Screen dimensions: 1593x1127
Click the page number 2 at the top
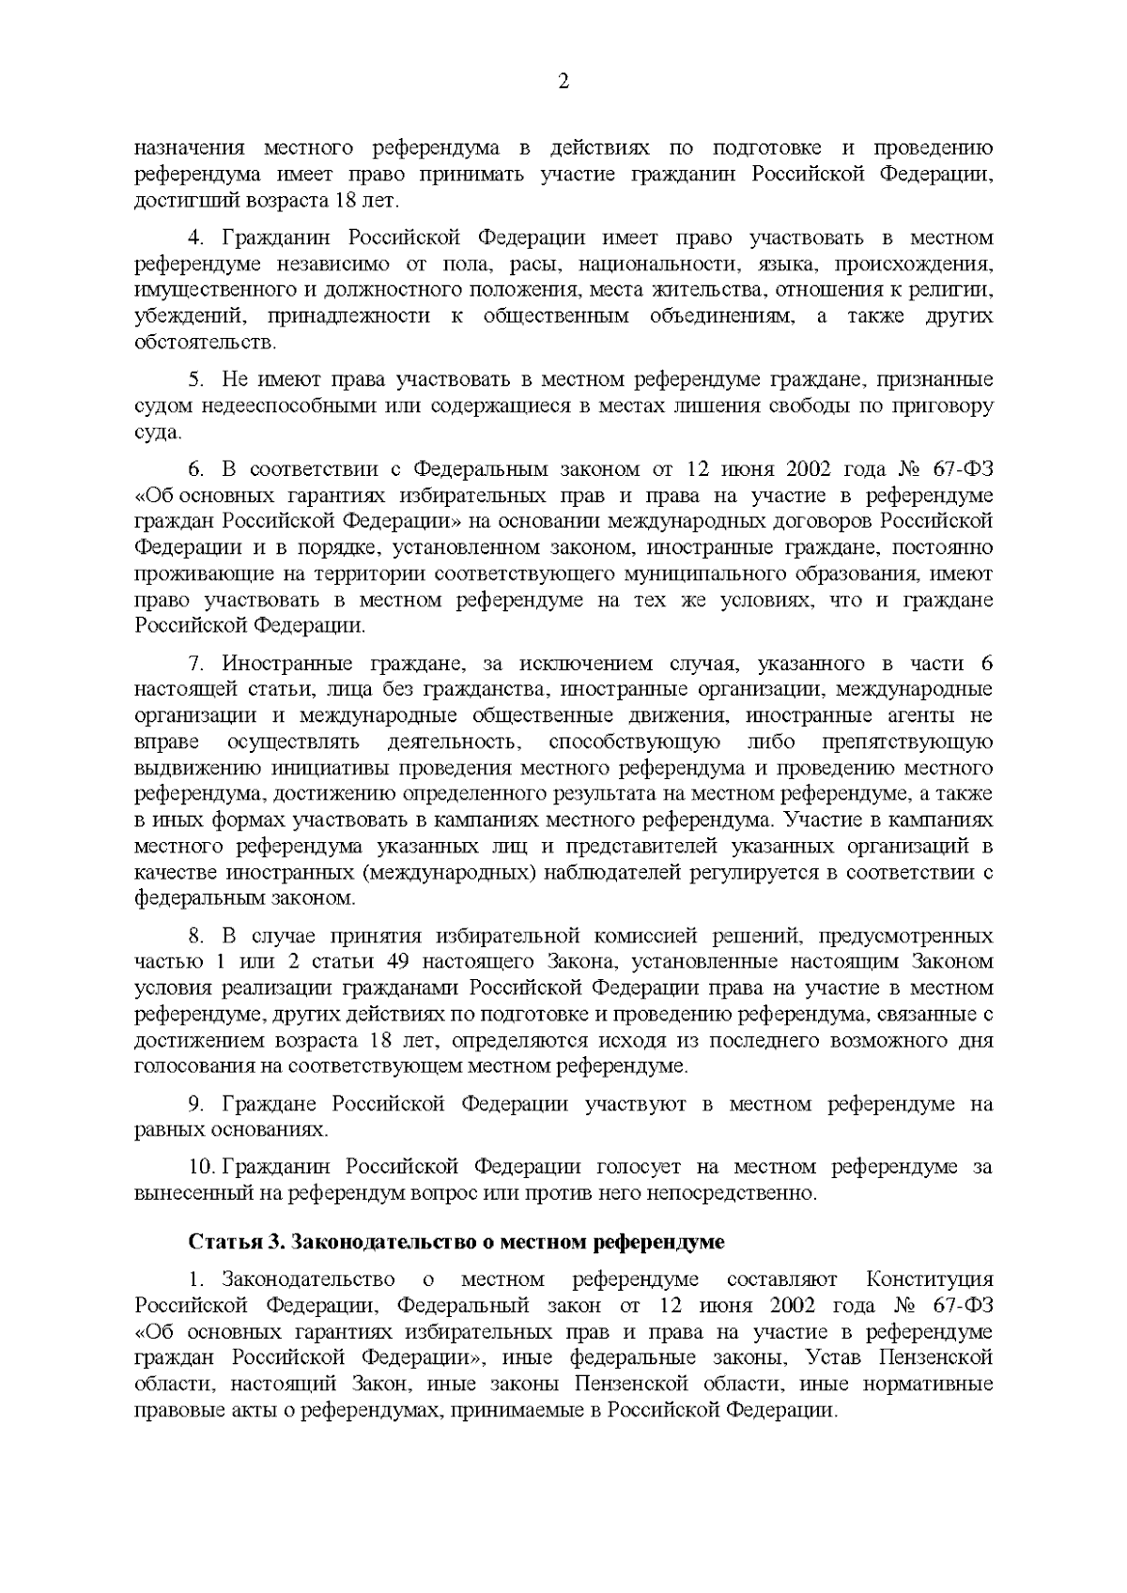click(x=563, y=82)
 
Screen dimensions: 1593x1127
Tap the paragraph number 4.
click(x=196, y=237)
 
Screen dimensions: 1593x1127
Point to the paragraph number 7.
click(x=196, y=664)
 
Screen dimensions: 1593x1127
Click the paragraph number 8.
click(x=196, y=936)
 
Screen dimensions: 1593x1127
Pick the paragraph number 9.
click(x=196, y=1104)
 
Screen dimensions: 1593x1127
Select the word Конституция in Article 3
click(x=929, y=1279)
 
